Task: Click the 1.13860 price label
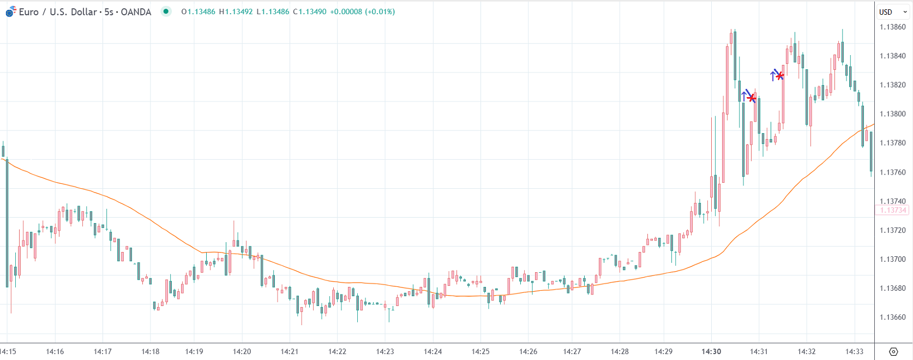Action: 892,27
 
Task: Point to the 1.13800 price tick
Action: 892,114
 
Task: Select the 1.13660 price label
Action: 892,317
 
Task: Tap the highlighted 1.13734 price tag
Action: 892,211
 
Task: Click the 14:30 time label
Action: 711,351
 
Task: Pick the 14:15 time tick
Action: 8,351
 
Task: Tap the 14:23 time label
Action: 385,351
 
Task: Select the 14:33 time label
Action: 854,351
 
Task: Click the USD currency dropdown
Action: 893,11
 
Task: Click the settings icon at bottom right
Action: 893,351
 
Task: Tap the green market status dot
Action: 166,11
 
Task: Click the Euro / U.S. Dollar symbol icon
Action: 10,11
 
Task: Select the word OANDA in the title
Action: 136,11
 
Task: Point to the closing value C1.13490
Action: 310,11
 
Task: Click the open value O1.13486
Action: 198,11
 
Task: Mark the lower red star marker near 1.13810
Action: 752,98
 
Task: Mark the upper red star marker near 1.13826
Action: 780,75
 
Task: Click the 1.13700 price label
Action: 892,259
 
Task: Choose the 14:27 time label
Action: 572,351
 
